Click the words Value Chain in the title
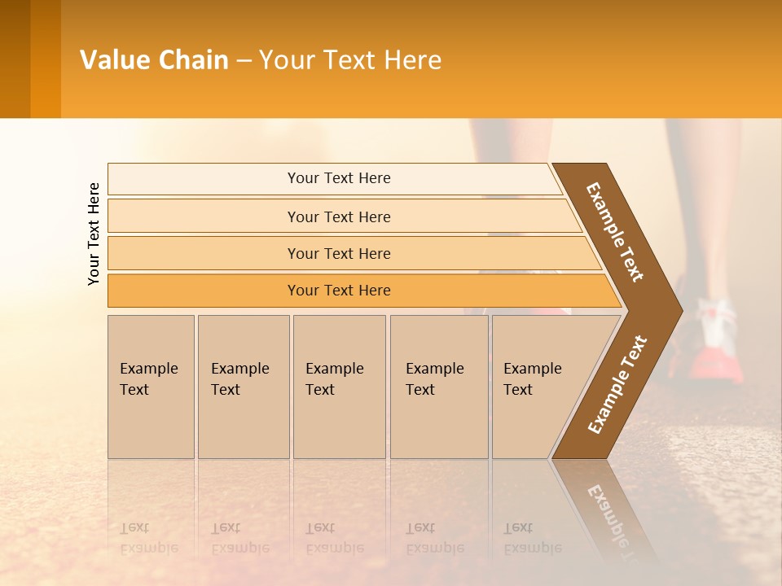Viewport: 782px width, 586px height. tap(154, 60)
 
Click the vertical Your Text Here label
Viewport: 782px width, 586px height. tap(94, 234)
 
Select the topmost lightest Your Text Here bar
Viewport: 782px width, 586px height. tap(338, 178)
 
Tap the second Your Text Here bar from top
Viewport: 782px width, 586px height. tap(338, 216)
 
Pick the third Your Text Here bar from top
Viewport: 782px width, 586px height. tap(338, 253)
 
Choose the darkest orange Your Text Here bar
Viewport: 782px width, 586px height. tap(338, 291)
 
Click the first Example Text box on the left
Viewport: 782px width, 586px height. tap(151, 387)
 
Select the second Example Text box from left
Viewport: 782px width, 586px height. tap(243, 387)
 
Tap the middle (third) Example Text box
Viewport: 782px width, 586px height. tap(339, 387)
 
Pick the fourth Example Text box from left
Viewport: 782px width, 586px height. tap(438, 387)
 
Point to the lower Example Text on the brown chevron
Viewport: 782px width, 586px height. tap(617, 384)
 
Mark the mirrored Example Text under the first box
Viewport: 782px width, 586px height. tap(149, 538)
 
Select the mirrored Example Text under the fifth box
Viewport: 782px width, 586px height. tap(532, 538)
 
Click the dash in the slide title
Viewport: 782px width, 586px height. tap(244, 61)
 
